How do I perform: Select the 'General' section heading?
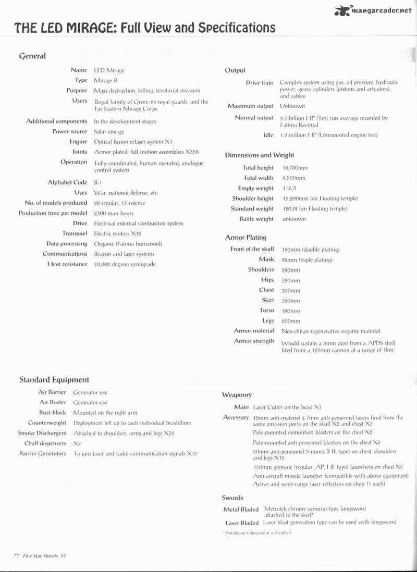coord(32,56)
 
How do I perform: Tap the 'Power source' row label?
coord(70,132)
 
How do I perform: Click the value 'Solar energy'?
coord(109,132)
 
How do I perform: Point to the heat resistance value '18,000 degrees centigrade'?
coord(125,264)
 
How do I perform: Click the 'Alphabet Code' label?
coord(67,182)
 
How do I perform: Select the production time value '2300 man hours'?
coord(114,213)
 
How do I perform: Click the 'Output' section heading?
coord(235,70)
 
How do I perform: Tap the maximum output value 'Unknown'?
coord(292,106)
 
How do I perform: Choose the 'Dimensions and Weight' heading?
coord(260,155)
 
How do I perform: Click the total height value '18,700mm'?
coord(295,168)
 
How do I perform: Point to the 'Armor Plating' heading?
coord(246,238)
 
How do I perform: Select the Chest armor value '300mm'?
coord(291,291)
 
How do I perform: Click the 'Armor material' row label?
coord(254,331)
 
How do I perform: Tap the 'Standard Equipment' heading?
coord(54,380)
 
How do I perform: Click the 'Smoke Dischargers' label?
coord(42,433)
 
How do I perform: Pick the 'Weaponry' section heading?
coord(237,395)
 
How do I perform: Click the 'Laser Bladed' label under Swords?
coord(242,523)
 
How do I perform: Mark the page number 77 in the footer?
coord(16,555)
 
